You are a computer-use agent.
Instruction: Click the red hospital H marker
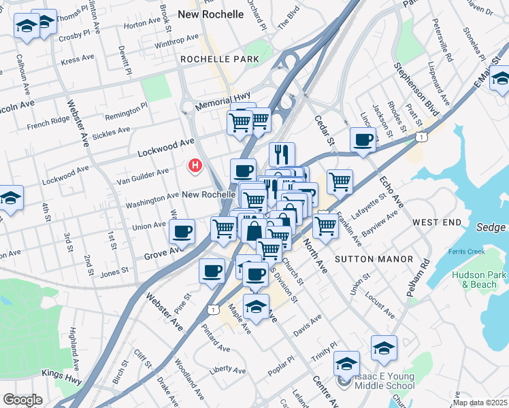click(196, 165)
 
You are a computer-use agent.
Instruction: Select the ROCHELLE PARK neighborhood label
click(220, 59)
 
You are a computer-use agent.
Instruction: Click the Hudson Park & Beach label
click(479, 279)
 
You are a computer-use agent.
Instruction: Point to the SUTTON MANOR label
click(374, 259)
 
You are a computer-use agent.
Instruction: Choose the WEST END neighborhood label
click(437, 222)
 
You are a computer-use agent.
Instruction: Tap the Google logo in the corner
click(22, 400)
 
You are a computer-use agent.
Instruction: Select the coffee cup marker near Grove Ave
click(182, 232)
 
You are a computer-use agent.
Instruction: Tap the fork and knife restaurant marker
click(282, 154)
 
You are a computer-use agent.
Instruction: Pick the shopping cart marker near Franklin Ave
click(326, 225)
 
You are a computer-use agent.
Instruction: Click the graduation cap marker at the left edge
click(10, 198)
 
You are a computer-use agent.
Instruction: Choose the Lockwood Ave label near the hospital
click(166, 145)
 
